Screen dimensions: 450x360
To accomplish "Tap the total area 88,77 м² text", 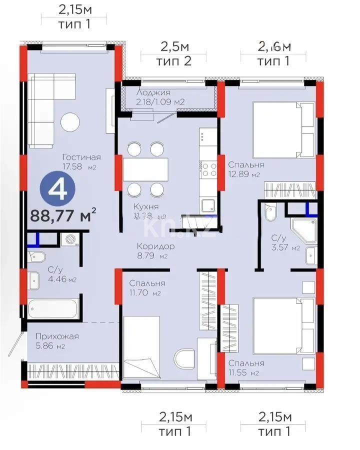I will [63, 215].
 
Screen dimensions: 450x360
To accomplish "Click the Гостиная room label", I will [78, 156].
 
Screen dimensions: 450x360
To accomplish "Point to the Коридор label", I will [156, 246].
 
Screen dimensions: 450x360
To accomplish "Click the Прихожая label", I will [53, 336].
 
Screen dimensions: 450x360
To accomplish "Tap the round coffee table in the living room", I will [70, 122].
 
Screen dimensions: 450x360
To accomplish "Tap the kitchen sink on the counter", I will [208, 203].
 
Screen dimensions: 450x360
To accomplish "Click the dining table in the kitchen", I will [145, 169].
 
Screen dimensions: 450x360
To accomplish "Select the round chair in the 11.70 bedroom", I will [185, 359].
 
